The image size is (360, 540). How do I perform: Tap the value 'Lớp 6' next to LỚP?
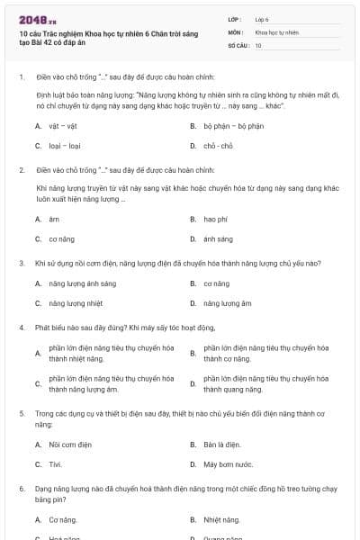(262, 18)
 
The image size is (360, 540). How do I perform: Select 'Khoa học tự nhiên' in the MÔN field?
(275, 31)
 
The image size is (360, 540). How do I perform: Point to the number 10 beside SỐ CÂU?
(258, 44)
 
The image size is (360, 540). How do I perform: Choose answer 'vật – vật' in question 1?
(62, 125)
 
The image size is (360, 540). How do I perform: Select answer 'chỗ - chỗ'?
(219, 145)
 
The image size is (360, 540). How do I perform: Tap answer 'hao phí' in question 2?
(216, 219)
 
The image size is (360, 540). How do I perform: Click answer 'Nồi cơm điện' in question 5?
(68, 445)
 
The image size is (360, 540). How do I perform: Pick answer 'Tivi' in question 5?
(56, 464)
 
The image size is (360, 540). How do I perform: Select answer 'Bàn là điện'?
(221, 445)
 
